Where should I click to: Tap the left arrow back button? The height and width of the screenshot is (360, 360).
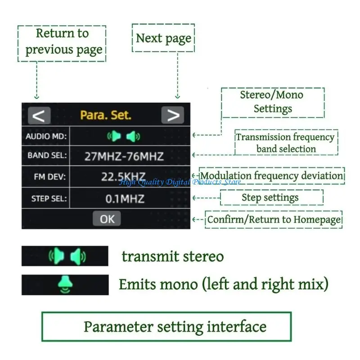click(x=39, y=115)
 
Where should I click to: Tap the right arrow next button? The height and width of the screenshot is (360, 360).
click(x=173, y=115)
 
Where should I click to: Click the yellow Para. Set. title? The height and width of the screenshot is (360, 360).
click(x=106, y=115)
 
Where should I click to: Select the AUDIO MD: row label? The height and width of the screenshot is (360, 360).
click(x=46, y=136)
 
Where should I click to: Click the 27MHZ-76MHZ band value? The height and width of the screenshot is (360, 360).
click(x=124, y=156)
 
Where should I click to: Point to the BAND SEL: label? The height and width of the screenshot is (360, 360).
click(x=47, y=155)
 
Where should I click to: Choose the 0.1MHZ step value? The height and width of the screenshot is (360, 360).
click(x=125, y=199)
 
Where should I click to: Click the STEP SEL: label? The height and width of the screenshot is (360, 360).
click(x=49, y=198)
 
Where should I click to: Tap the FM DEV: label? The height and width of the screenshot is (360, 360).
click(x=50, y=177)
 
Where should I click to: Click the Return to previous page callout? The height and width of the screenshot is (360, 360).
click(x=62, y=43)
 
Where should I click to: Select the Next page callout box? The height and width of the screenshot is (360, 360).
click(x=163, y=38)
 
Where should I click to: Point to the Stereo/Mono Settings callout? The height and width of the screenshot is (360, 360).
click(x=273, y=103)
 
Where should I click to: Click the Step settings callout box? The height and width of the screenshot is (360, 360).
click(x=272, y=198)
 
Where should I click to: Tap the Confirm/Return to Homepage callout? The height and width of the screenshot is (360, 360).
click(x=274, y=220)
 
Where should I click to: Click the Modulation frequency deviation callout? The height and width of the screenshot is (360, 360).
click(x=272, y=176)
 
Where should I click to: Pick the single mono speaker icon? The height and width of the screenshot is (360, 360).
click(x=65, y=284)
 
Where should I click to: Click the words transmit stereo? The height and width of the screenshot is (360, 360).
click(x=173, y=256)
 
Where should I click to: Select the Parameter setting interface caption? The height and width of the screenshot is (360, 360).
click(x=166, y=327)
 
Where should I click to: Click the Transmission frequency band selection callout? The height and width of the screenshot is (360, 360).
click(x=286, y=143)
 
